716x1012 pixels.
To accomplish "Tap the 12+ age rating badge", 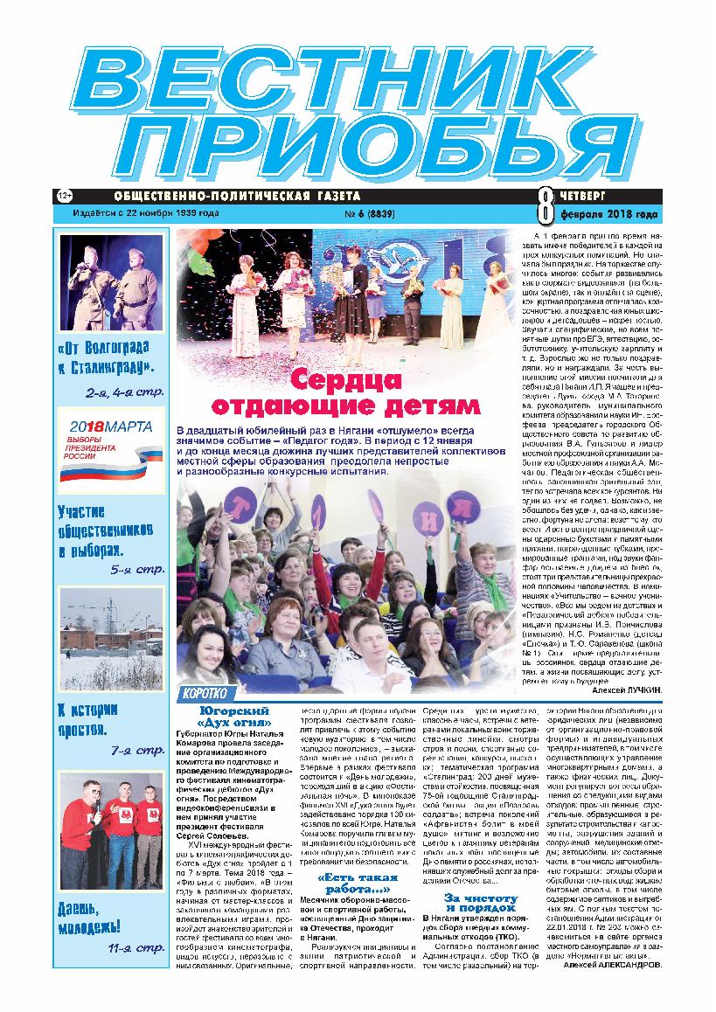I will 64,195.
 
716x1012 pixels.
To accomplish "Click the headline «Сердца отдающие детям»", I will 347,393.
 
